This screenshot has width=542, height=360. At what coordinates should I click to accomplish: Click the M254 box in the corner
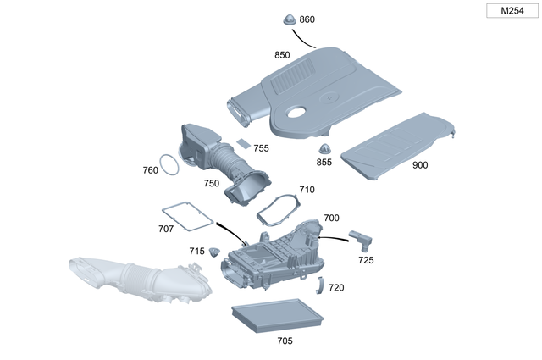[x=511, y=11]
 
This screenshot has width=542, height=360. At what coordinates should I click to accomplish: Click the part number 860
[x=307, y=19]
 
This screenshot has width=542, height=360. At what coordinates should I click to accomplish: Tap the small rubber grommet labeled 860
[x=287, y=19]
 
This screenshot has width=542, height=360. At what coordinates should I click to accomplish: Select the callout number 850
[x=282, y=55]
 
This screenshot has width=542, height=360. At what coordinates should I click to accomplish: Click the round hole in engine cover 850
[x=299, y=113]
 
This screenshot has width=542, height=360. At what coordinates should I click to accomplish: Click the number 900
[x=420, y=165]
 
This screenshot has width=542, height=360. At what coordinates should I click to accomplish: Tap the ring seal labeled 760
[x=169, y=165]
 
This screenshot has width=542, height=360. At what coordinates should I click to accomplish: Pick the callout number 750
[x=211, y=183]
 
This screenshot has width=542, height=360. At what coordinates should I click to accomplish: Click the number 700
[x=331, y=219]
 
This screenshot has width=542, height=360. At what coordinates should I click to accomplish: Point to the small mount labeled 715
[x=215, y=252]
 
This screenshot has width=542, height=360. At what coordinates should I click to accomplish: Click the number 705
[x=285, y=341]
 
